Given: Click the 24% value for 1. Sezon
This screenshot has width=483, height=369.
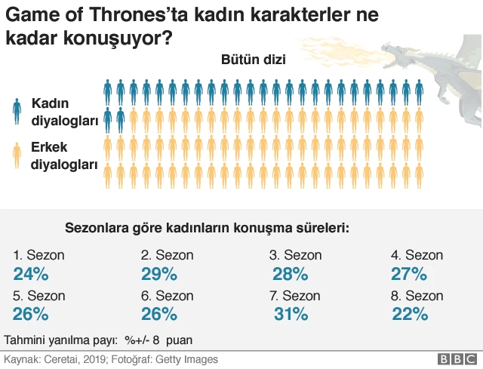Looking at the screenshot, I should point(31,274).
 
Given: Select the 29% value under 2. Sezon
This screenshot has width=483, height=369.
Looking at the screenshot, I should point(158,274).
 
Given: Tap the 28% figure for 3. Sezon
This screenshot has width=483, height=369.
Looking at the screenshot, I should point(289,274).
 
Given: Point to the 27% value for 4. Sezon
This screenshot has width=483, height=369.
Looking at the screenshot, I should point(409,274).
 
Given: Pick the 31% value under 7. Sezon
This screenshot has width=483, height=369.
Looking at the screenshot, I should point(289,313).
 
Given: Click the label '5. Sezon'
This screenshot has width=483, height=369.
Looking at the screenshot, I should point(39,295).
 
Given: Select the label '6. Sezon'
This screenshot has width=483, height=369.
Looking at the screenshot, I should point(167,295).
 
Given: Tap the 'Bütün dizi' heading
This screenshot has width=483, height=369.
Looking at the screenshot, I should point(253,61).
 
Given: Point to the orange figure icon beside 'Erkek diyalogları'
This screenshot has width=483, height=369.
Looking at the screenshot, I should point(17,154).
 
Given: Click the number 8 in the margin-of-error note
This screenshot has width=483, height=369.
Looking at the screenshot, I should point(155,340).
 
